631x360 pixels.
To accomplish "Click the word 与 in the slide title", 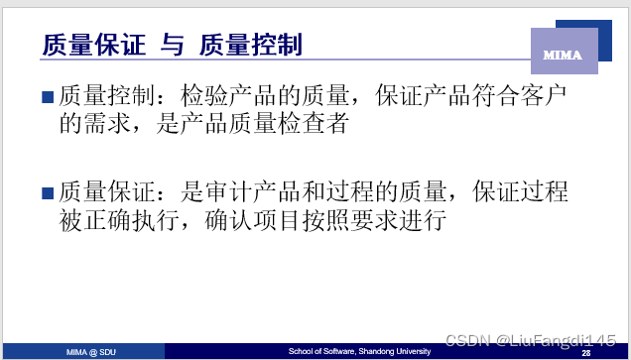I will pyautogui.click(x=171, y=46).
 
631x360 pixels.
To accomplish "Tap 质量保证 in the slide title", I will pyautogui.click(x=92, y=46).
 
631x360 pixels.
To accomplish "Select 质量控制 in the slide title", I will pyautogui.click(x=250, y=46).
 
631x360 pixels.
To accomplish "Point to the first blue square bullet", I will pyautogui.click(x=47, y=97).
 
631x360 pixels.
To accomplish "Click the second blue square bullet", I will pyautogui.click(x=47, y=193).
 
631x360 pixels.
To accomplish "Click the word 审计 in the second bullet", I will pyautogui.click(x=235, y=192).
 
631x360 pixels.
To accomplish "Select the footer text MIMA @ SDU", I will pyautogui.click(x=89, y=352).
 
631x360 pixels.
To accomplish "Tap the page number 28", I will pyautogui.click(x=585, y=353).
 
